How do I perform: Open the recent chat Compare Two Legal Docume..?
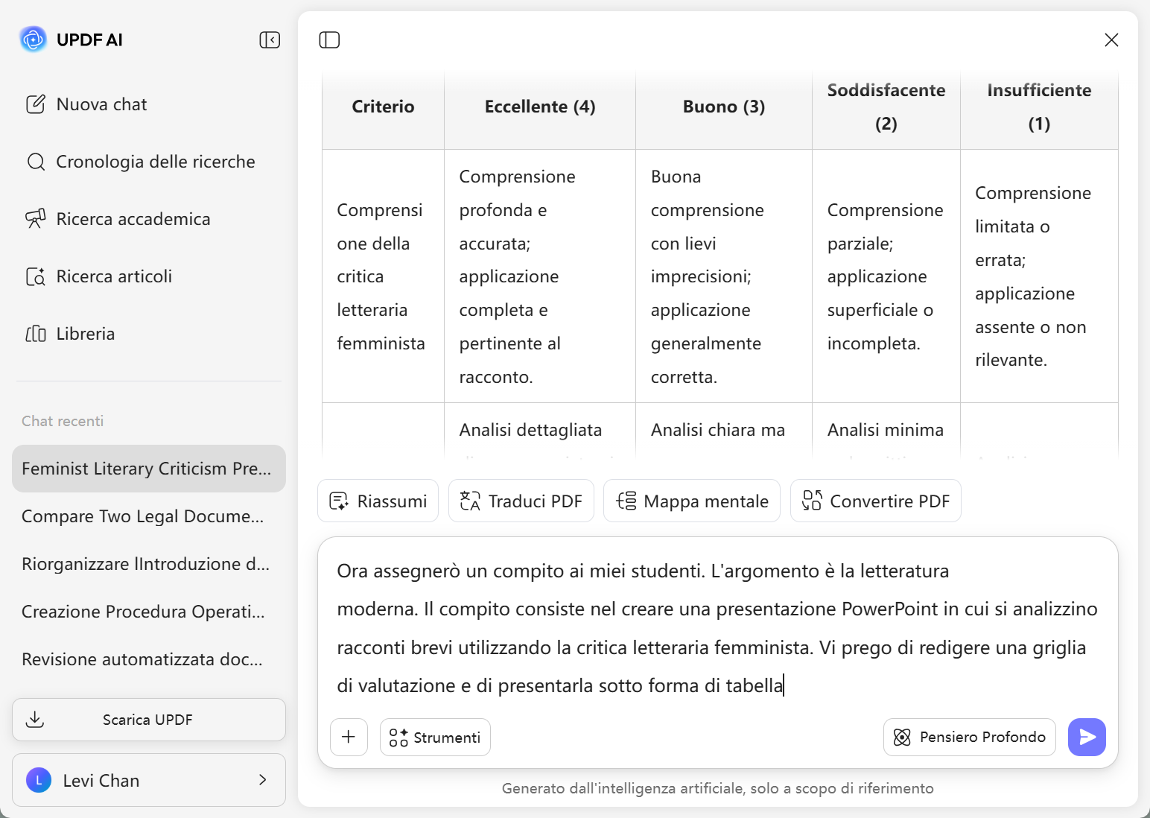142,516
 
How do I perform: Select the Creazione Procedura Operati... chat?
143,612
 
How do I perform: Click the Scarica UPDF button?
148,720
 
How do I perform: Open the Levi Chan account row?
148,780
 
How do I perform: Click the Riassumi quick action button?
378,501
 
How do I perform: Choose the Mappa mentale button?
691,501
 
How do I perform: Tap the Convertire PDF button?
875,501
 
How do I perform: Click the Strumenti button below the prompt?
435,738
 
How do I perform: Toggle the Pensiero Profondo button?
969,737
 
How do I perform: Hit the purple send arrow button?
1087,737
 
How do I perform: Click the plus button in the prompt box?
349,738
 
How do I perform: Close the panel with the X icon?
1111,39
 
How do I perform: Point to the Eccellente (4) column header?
540,107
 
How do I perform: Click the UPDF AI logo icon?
33,39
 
